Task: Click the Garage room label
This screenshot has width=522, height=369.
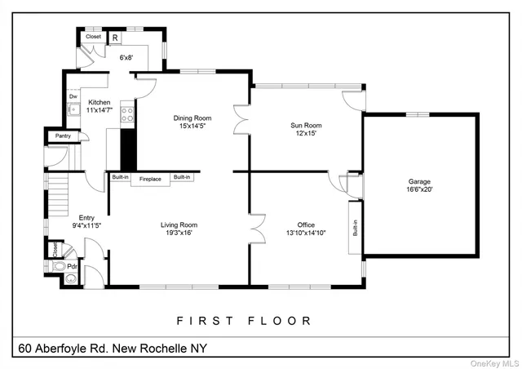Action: (419, 181)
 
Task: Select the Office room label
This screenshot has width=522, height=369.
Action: (306, 225)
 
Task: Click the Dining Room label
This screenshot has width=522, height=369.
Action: (192, 118)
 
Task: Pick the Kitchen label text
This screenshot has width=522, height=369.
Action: (100, 103)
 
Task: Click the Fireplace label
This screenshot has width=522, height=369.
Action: (150, 179)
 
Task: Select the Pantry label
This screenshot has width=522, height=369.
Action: (62, 136)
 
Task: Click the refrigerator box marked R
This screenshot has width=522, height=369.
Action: (115, 37)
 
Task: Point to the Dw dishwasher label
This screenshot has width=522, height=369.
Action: (73, 96)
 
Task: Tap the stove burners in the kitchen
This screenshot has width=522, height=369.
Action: (126, 114)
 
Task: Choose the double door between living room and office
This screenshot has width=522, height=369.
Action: (259, 229)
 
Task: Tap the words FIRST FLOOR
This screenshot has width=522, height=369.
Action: (243, 321)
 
